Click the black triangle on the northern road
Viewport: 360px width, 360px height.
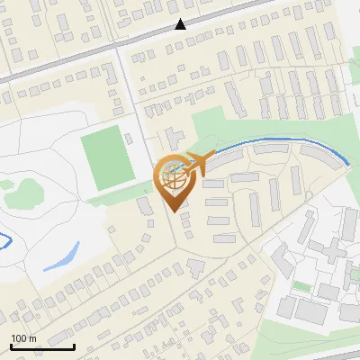point(181,24)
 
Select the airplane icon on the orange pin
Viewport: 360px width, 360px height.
point(199,163)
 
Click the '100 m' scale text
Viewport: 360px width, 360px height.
point(23,337)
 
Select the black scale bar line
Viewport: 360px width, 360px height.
point(42,346)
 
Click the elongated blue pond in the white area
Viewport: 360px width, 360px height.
point(61,256)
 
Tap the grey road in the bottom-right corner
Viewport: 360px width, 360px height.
point(346,346)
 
